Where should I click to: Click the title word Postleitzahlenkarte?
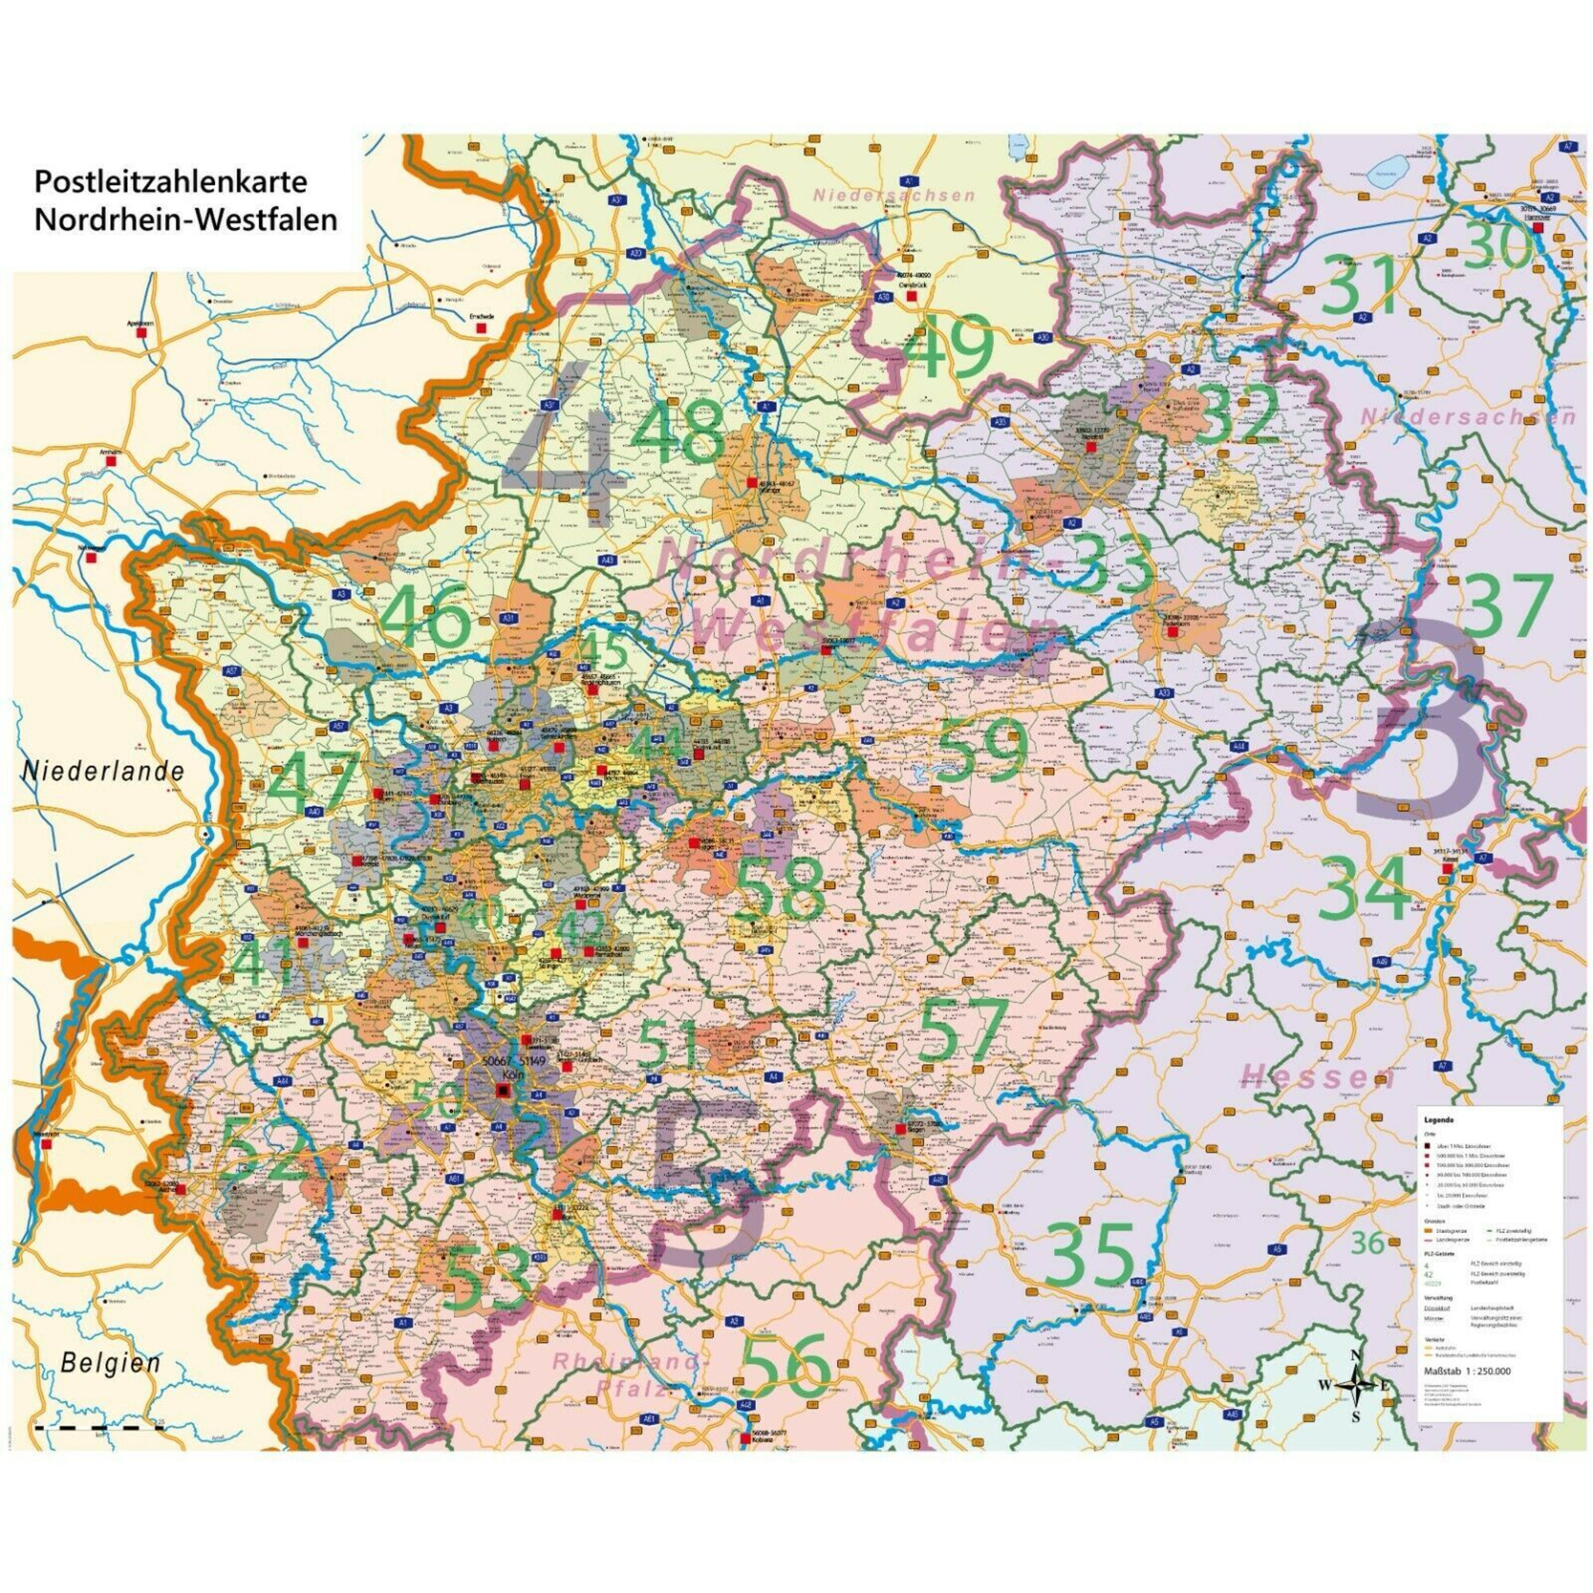tap(170, 181)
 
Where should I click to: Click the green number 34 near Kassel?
tap(1361, 889)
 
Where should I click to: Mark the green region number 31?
tap(1361, 284)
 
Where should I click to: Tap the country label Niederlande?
tap(103, 772)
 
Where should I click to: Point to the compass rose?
tap(1356, 1384)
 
